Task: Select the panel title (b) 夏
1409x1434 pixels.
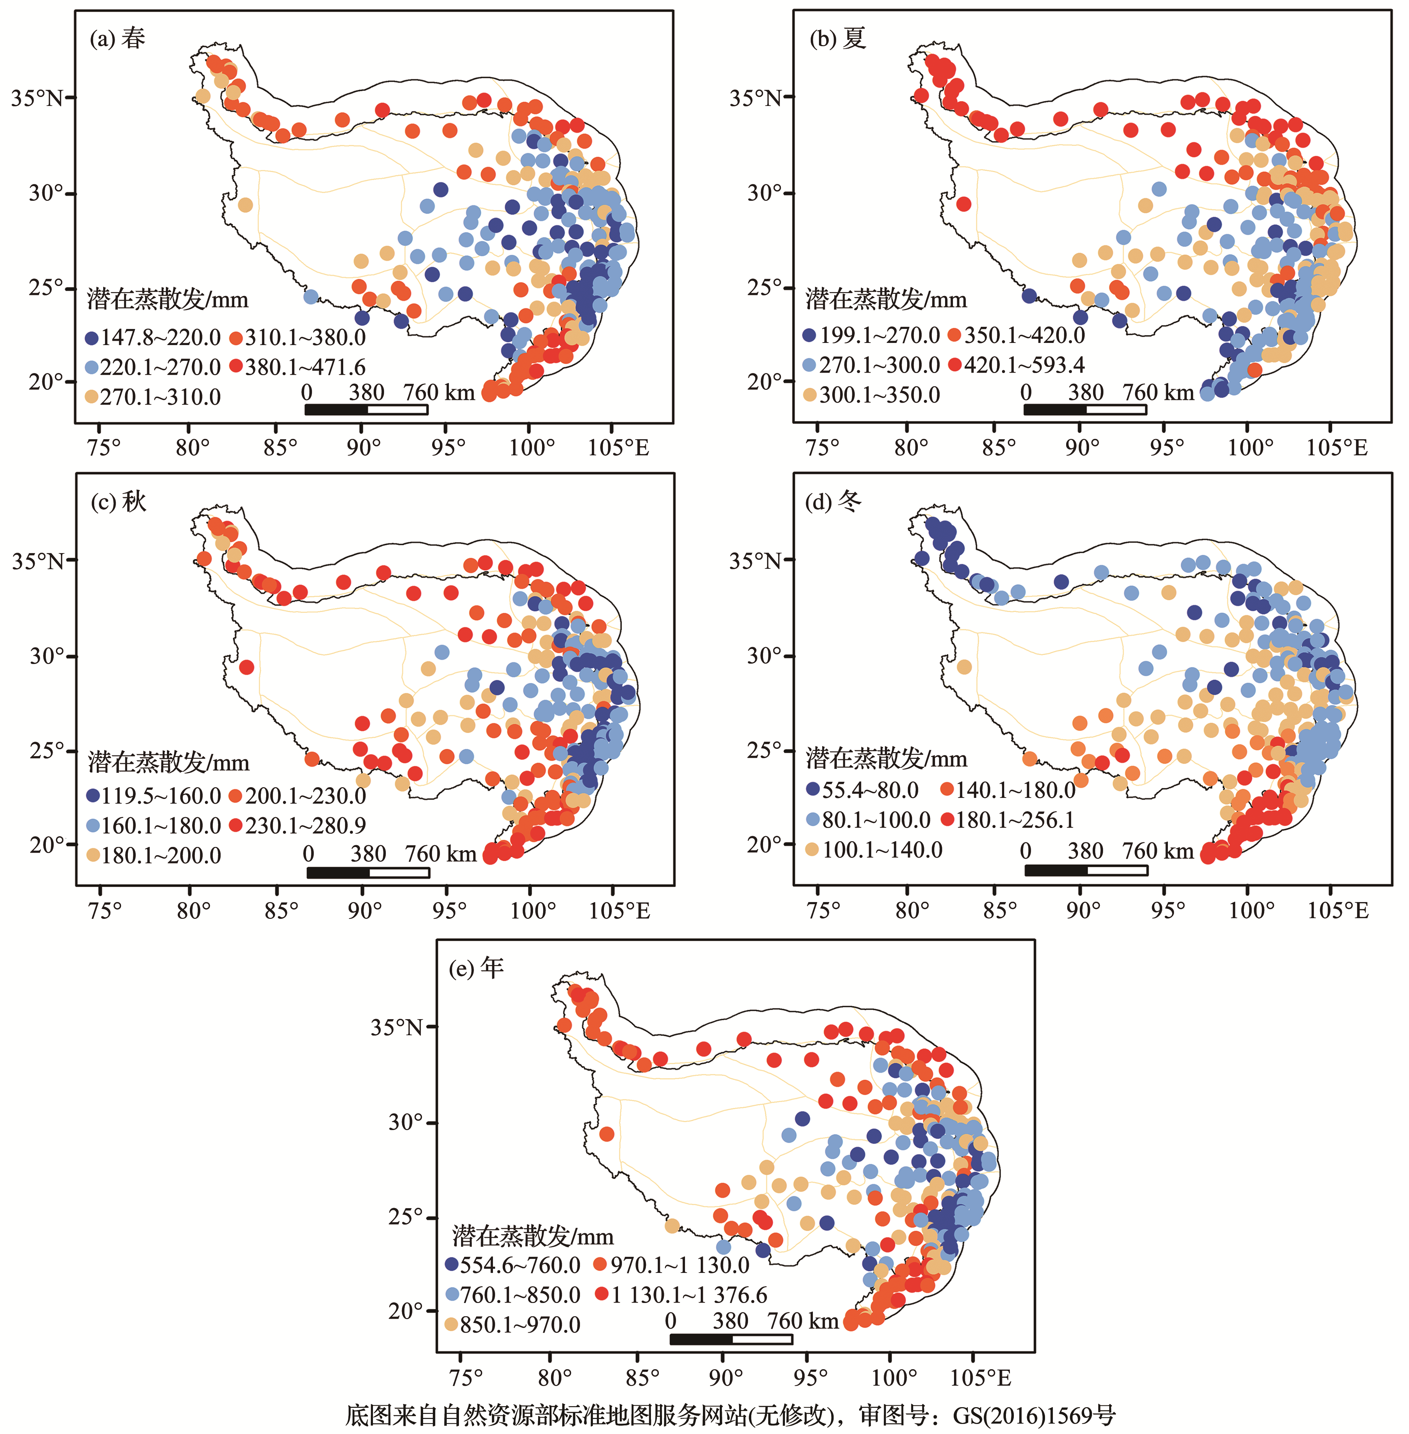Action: click(x=838, y=38)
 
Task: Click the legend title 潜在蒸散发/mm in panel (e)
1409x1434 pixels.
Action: click(x=533, y=1236)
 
